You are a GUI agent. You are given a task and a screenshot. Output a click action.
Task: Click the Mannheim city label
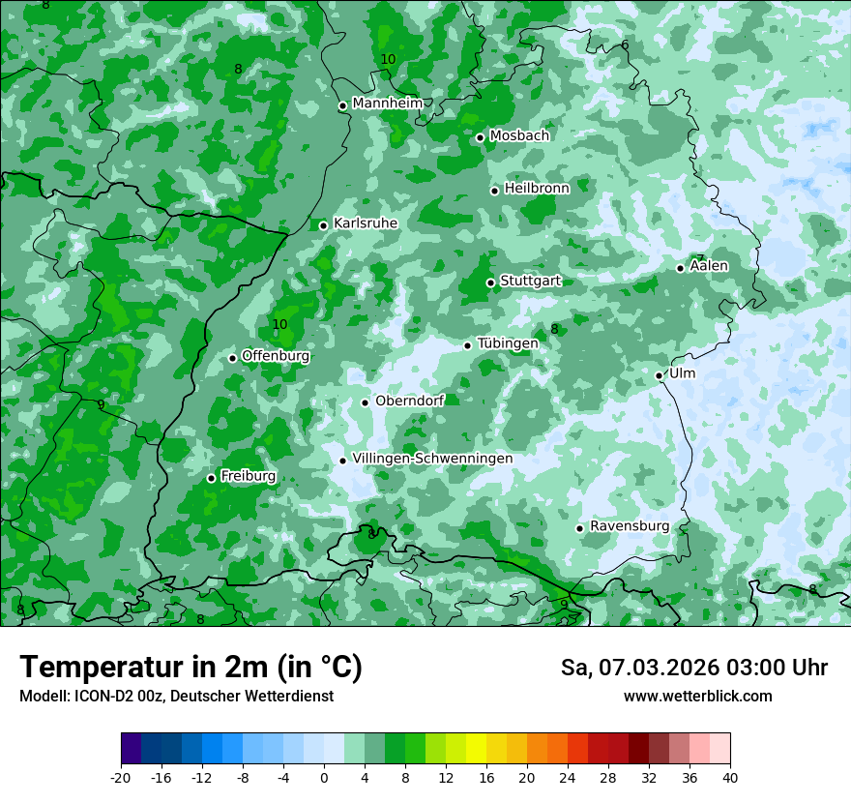tap(387, 104)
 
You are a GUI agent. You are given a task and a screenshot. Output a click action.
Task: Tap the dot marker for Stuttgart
tap(490, 283)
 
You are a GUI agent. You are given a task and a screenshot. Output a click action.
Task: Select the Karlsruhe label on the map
tap(365, 223)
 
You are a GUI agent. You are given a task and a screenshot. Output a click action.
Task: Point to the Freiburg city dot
tap(211, 478)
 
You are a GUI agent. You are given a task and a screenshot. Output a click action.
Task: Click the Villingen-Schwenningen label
tap(432, 459)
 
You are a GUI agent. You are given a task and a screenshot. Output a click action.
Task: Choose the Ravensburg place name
tap(629, 526)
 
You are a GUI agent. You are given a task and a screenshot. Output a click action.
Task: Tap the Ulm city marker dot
tap(659, 375)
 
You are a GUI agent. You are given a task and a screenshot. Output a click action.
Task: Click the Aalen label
tap(709, 266)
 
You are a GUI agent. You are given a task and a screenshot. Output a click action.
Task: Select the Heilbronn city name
tap(537, 189)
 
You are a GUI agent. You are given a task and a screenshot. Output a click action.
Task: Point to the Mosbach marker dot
tap(480, 137)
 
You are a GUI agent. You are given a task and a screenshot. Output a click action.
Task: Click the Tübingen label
tap(508, 344)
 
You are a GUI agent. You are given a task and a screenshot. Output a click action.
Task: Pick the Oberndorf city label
tap(409, 401)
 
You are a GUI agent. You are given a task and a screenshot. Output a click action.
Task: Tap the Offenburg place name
tap(276, 356)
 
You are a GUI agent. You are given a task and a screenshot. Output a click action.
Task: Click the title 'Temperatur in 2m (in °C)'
tap(191, 668)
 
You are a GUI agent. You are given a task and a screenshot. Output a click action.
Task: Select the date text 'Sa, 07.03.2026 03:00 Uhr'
tap(693, 668)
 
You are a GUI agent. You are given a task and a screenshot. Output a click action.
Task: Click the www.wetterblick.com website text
tap(697, 697)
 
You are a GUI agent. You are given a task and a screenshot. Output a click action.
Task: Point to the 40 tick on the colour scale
tap(729, 778)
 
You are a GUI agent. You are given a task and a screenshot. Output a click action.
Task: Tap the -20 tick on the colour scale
tap(121, 778)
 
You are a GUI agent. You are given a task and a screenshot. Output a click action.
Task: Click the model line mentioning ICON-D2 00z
tap(176, 697)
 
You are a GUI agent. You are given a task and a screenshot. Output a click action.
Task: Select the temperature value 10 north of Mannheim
tap(388, 60)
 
